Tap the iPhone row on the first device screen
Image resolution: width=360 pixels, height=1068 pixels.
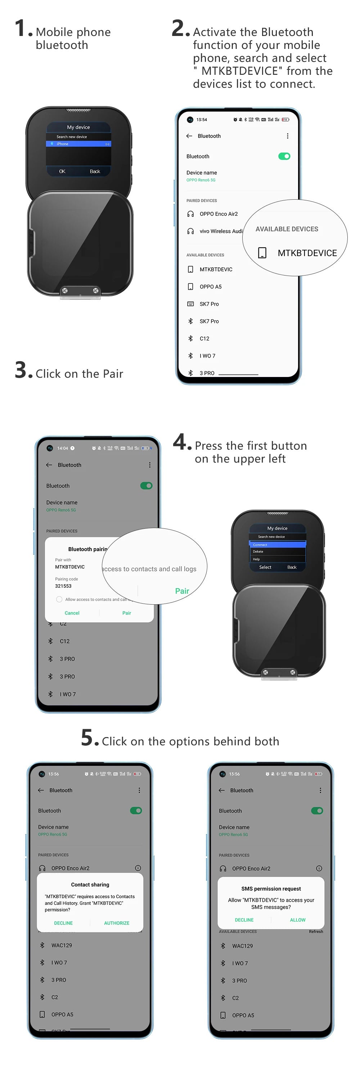[x=78, y=144]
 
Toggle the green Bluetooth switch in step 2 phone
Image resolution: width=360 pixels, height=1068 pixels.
[x=284, y=156]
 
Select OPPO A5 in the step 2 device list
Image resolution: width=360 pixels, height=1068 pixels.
[x=210, y=286]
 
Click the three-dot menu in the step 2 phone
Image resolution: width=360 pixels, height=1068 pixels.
[x=287, y=136]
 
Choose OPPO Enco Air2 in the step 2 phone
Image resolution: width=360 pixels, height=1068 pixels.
[x=218, y=214]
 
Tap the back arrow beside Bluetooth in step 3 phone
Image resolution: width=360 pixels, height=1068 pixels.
[x=49, y=465]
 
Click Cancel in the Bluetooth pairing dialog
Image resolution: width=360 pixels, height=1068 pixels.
[x=72, y=613]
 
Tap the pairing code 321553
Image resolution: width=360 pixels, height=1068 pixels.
[x=63, y=586]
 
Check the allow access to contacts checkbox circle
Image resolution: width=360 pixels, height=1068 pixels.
[x=59, y=599]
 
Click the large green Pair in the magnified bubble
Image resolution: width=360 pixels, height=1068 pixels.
[x=182, y=591]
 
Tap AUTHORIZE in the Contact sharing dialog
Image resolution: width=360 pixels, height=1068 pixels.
[x=117, y=923]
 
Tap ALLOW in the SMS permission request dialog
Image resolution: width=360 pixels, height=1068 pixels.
[x=297, y=919]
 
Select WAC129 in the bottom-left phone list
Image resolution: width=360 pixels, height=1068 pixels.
[x=62, y=945]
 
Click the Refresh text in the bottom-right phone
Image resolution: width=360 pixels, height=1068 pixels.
[x=316, y=932]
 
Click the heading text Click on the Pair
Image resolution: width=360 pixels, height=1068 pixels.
[x=79, y=373]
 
